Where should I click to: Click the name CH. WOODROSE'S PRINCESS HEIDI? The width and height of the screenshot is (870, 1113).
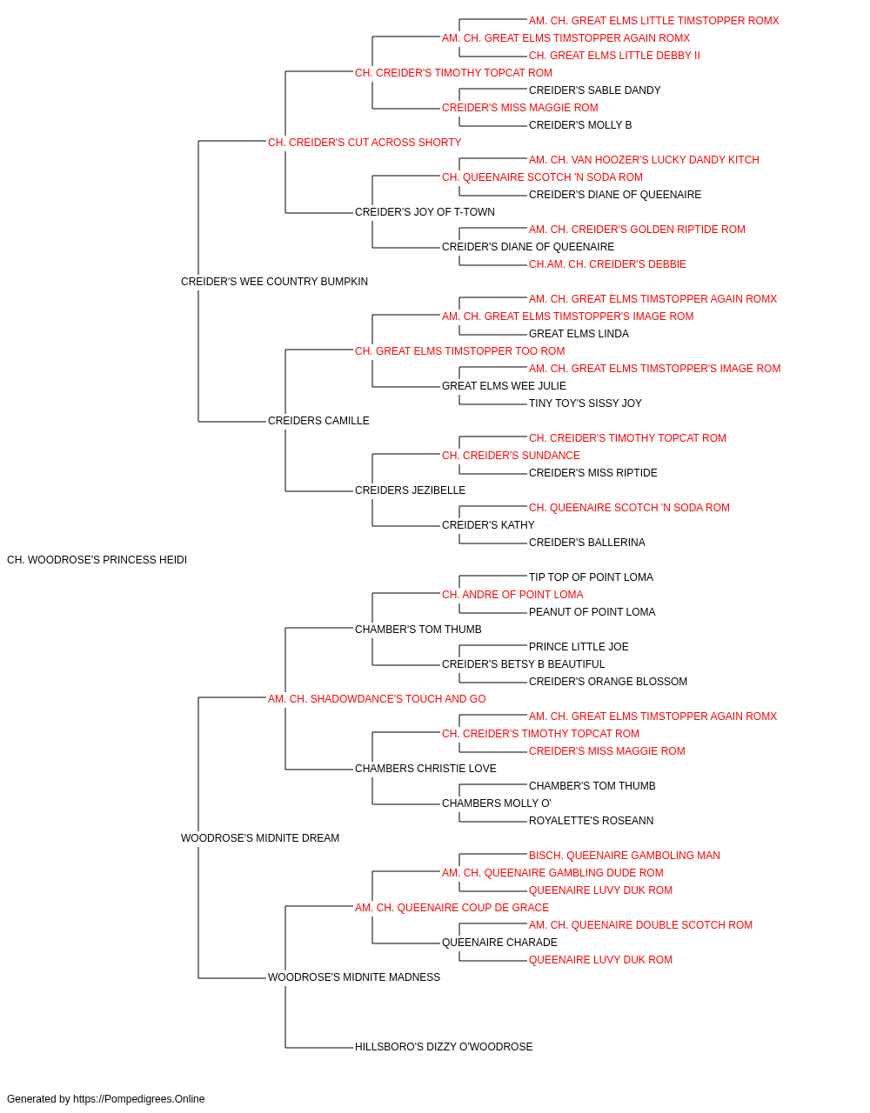(x=97, y=560)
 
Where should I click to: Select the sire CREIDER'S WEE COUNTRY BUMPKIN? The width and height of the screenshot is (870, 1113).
(x=274, y=282)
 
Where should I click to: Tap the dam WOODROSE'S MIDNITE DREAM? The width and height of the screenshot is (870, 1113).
(x=260, y=838)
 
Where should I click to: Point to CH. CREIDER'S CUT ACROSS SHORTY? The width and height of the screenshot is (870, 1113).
(x=365, y=143)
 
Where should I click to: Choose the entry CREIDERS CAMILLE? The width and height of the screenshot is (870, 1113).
(x=318, y=421)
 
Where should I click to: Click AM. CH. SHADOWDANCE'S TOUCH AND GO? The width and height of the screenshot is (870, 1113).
(x=377, y=699)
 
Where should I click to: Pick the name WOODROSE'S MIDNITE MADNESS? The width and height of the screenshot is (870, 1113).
(x=353, y=977)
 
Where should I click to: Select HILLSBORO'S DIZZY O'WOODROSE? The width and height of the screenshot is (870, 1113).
(x=444, y=1047)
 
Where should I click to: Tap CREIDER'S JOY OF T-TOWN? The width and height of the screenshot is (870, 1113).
(x=425, y=212)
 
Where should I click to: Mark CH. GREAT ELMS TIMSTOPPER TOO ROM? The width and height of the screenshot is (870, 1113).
(x=459, y=351)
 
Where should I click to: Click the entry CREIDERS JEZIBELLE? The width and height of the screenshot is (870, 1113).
(x=410, y=490)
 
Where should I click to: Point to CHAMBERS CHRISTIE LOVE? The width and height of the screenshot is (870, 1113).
(x=425, y=769)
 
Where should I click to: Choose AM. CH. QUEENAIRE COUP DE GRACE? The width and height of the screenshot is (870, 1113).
(x=452, y=908)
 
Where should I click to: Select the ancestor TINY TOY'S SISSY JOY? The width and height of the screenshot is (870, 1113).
(x=586, y=403)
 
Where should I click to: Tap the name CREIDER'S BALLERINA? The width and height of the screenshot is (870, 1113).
(x=586, y=543)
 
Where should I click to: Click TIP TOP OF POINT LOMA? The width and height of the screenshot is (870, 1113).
(x=591, y=577)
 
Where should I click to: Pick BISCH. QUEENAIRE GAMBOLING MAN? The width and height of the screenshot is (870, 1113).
(x=624, y=856)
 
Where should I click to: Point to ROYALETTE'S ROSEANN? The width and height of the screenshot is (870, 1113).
(x=591, y=821)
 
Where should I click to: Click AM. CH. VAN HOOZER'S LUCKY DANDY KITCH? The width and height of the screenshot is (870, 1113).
(x=644, y=160)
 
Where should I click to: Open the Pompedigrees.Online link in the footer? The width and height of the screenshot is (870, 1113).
(x=138, y=1099)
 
